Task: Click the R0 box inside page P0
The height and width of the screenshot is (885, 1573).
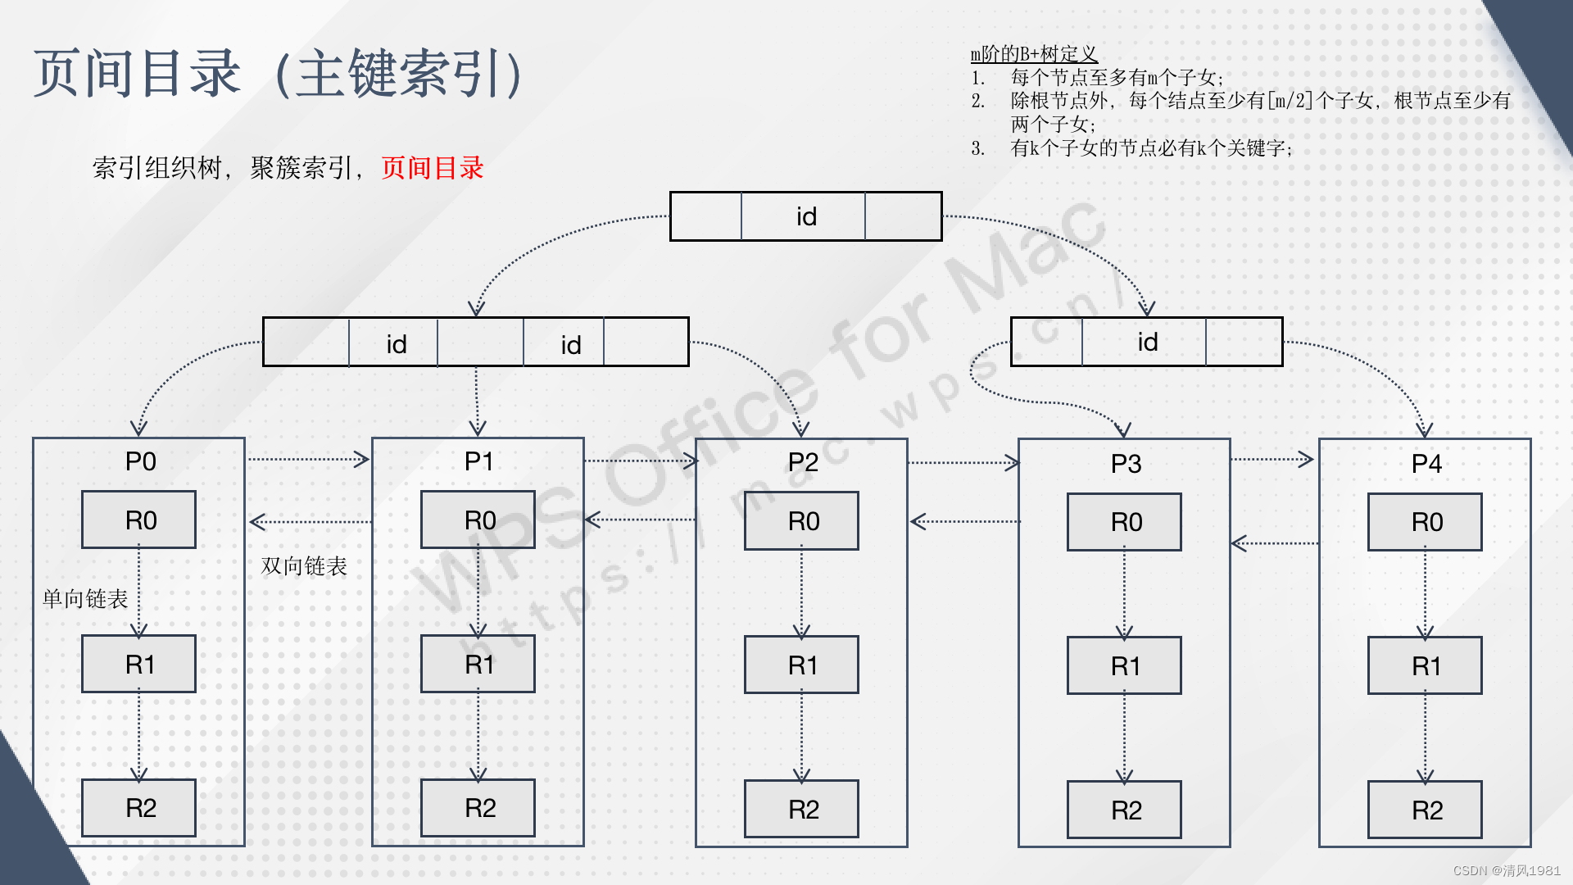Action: point(138,520)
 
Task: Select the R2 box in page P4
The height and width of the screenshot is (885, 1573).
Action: point(1425,810)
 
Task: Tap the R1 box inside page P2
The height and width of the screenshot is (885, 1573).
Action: point(801,665)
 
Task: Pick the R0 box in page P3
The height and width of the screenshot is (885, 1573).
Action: point(1124,522)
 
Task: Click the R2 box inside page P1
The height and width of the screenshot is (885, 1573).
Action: point(478,808)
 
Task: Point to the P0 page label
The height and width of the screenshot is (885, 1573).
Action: point(140,461)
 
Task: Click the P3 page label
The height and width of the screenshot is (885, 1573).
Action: point(1126,464)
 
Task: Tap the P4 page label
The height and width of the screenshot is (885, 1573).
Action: point(1426,464)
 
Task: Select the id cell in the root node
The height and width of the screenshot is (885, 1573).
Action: point(805,216)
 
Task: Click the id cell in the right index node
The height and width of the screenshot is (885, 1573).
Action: point(1146,342)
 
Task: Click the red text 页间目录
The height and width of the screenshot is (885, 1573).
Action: point(433,168)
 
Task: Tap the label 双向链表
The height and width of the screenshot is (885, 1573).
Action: point(304,566)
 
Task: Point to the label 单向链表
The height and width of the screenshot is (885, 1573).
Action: point(85,599)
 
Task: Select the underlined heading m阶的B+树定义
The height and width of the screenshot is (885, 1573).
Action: point(1033,54)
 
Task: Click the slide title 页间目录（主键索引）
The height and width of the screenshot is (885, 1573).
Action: point(279,74)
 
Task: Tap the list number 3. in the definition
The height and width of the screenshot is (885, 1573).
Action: point(977,148)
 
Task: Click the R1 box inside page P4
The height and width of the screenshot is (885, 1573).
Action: point(1425,665)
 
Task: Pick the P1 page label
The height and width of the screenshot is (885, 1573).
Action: point(478,461)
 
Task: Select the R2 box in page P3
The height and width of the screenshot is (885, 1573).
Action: point(1124,810)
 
